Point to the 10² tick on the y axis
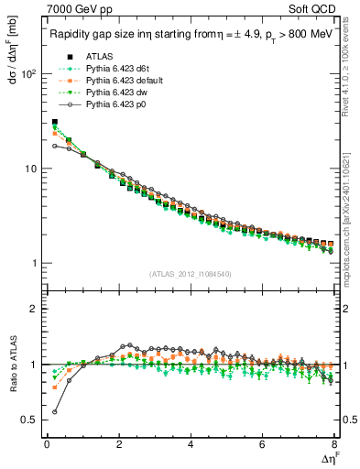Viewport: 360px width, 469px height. [27, 74]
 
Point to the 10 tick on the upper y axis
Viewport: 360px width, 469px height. [29, 169]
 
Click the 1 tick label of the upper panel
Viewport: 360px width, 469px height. [33, 264]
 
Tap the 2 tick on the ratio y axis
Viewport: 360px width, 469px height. [33, 309]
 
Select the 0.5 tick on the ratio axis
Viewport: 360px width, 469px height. [29, 420]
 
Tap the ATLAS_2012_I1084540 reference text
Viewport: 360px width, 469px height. [190, 275]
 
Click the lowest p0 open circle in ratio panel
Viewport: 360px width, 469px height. [54, 411]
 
